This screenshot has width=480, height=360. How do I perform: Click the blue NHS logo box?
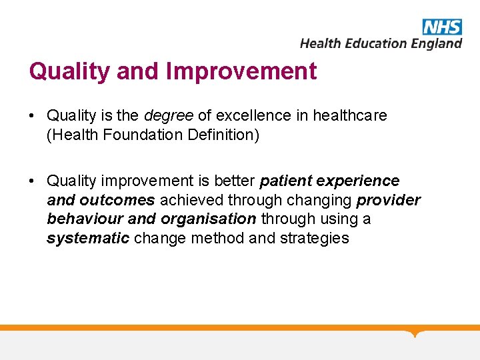pyautogui.click(x=441, y=27)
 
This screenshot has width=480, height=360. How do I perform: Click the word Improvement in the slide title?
pyautogui.click(x=242, y=71)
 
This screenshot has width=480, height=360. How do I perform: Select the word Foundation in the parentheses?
pyautogui.click(x=133, y=135)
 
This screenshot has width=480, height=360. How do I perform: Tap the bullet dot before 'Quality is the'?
pyautogui.click(x=32, y=116)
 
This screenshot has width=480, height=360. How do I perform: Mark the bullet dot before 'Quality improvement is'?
pyautogui.click(x=32, y=181)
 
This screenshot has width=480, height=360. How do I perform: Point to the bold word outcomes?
pyautogui.click(x=117, y=200)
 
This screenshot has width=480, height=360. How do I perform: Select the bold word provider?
pyautogui.click(x=389, y=200)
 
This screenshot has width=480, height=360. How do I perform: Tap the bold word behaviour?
pyautogui.click(x=79, y=219)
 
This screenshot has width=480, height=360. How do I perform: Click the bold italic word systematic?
pyautogui.click(x=88, y=238)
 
